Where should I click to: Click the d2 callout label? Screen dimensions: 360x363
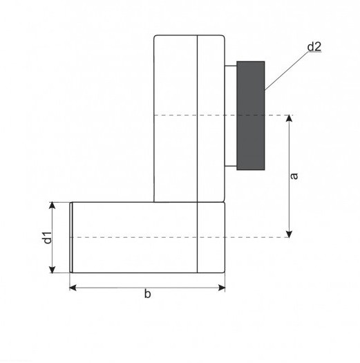pyautogui.click(x=314, y=47)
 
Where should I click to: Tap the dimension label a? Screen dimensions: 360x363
pyautogui.click(x=294, y=176)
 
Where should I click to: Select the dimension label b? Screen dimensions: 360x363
pyautogui.click(x=147, y=294)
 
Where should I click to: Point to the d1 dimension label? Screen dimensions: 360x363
pyautogui.click(x=48, y=237)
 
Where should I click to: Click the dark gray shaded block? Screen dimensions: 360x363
pyautogui.click(x=251, y=115)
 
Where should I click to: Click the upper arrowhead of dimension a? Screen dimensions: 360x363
pyautogui.click(x=289, y=118)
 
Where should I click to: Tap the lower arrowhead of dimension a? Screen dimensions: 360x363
pyautogui.click(x=289, y=234)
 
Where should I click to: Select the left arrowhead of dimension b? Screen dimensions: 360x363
pyautogui.click(x=73, y=288)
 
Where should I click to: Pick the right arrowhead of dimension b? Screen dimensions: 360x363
pyautogui.click(x=222, y=288)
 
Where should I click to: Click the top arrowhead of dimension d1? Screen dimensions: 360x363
pyautogui.click(x=53, y=205)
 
